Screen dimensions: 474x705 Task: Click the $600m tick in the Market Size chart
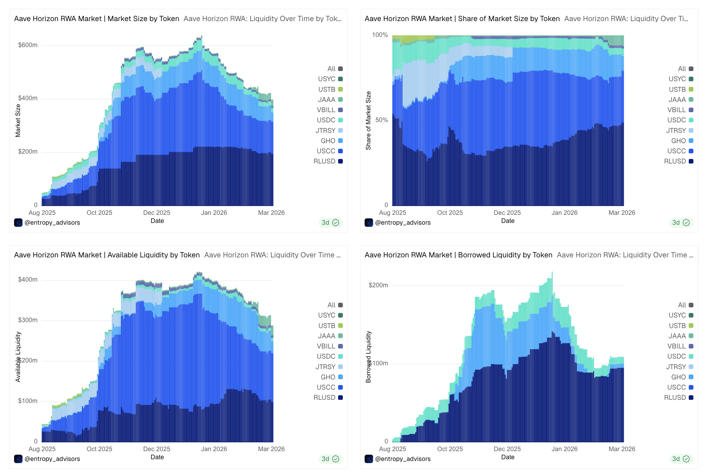[28, 45]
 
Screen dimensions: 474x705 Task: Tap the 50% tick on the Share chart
[381, 120]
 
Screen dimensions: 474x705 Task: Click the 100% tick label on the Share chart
[380, 35]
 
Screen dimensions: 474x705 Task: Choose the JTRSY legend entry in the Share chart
[676, 130]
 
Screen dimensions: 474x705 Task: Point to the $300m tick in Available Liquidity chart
[28, 320]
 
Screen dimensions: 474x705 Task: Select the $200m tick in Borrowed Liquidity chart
[378, 285]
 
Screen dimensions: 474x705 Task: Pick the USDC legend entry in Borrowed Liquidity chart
[677, 357]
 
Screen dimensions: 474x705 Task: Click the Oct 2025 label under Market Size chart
[99, 213]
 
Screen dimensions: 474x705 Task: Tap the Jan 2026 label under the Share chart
[564, 213]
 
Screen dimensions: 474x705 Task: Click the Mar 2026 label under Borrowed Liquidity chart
[622, 449]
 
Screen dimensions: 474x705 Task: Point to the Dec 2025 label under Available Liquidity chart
[157, 449]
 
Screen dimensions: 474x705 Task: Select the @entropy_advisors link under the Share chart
[403, 223]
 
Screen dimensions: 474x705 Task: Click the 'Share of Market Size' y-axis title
[368, 121]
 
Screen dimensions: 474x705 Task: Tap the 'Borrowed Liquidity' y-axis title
[368, 357]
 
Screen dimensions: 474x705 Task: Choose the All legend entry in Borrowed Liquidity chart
[682, 305]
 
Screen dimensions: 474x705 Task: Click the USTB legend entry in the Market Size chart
[327, 89]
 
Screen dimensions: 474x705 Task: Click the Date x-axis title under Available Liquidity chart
[157, 457]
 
